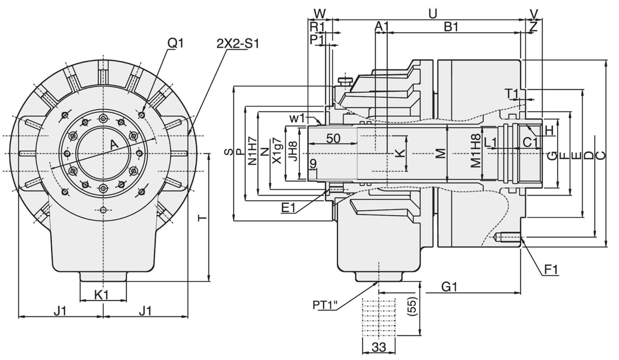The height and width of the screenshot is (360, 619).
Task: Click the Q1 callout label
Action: [175, 44]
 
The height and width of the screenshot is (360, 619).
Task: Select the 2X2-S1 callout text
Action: [238, 44]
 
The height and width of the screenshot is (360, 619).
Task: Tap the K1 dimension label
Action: [102, 294]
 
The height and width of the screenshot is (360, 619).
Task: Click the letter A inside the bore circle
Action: [115, 145]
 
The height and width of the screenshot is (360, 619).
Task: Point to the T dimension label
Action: [203, 218]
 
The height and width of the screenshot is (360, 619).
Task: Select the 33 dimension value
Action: [378, 347]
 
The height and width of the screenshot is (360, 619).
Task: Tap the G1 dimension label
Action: [449, 287]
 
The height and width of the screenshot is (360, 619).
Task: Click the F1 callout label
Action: [551, 269]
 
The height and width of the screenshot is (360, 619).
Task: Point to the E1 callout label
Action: [289, 207]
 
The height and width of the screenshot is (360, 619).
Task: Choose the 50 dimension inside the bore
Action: [333, 138]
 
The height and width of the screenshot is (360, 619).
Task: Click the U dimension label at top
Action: [433, 14]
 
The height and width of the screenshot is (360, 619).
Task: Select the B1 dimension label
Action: [451, 27]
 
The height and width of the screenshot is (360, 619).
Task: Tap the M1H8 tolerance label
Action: [476, 153]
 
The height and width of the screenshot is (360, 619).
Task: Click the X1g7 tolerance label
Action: [276, 151]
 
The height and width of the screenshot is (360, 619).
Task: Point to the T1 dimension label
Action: [513, 93]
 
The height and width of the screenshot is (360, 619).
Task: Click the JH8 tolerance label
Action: [292, 152]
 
